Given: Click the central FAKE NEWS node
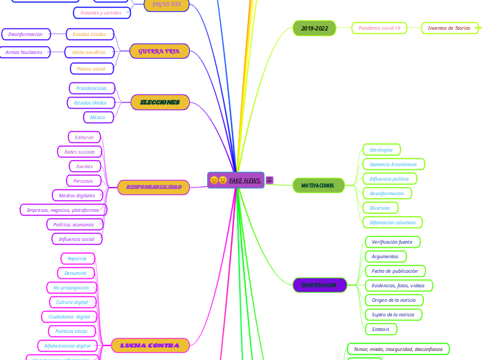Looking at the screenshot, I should [x=236, y=180].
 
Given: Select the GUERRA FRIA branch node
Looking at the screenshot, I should [x=159, y=51].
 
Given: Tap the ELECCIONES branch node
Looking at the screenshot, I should [x=160, y=102].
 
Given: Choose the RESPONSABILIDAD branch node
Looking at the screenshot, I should [x=154, y=187].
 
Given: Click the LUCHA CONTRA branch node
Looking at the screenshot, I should [x=150, y=345].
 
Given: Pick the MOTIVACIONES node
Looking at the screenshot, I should [x=318, y=186].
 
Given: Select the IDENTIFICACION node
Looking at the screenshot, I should [x=319, y=285].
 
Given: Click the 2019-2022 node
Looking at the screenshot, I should [x=314, y=28].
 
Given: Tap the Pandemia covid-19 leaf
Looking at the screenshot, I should [x=380, y=28].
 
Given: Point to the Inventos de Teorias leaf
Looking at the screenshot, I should [x=449, y=28].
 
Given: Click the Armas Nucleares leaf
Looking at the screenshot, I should [x=24, y=52].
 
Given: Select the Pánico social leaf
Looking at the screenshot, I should [x=91, y=69].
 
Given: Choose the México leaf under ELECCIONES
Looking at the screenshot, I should [x=98, y=117].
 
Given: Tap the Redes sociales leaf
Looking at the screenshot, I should [x=80, y=152].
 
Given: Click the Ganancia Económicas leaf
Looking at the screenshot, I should [x=393, y=164].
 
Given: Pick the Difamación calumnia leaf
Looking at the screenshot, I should [x=393, y=222].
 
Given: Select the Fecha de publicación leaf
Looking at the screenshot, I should [x=395, y=271].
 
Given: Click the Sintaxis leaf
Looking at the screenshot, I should [x=381, y=329].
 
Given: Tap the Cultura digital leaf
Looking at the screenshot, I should [x=72, y=302].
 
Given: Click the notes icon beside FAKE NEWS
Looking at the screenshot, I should [x=269, y=180].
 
